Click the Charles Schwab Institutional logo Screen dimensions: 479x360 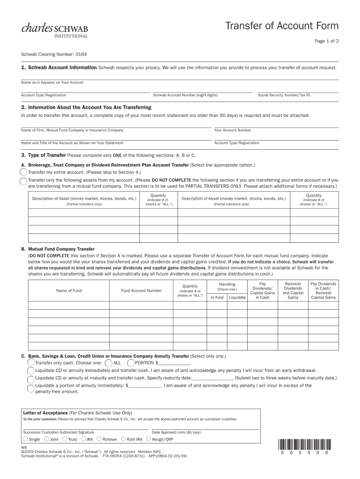(x=54, y=29)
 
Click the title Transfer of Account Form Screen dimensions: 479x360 (x=281, y=26)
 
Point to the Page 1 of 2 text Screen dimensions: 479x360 (x=326, y=41)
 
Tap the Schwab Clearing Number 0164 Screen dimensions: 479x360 (x=47, y=54)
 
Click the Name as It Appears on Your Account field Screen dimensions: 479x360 (x=180, y=77)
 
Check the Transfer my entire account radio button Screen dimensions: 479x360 (x=23, y=172)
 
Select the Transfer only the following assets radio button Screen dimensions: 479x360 (x=23, y=181)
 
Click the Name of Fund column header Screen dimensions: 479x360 (x=69, y=290)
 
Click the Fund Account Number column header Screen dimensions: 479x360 (x=141, y=290)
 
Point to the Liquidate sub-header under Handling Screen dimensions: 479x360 (x=237, y=298)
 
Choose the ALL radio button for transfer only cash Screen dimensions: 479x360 (x=108, y=363)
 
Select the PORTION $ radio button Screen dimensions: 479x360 (x=131, y=363)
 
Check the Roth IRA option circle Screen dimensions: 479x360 (x=123, y=439)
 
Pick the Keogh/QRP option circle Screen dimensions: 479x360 (x=148, y=439)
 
